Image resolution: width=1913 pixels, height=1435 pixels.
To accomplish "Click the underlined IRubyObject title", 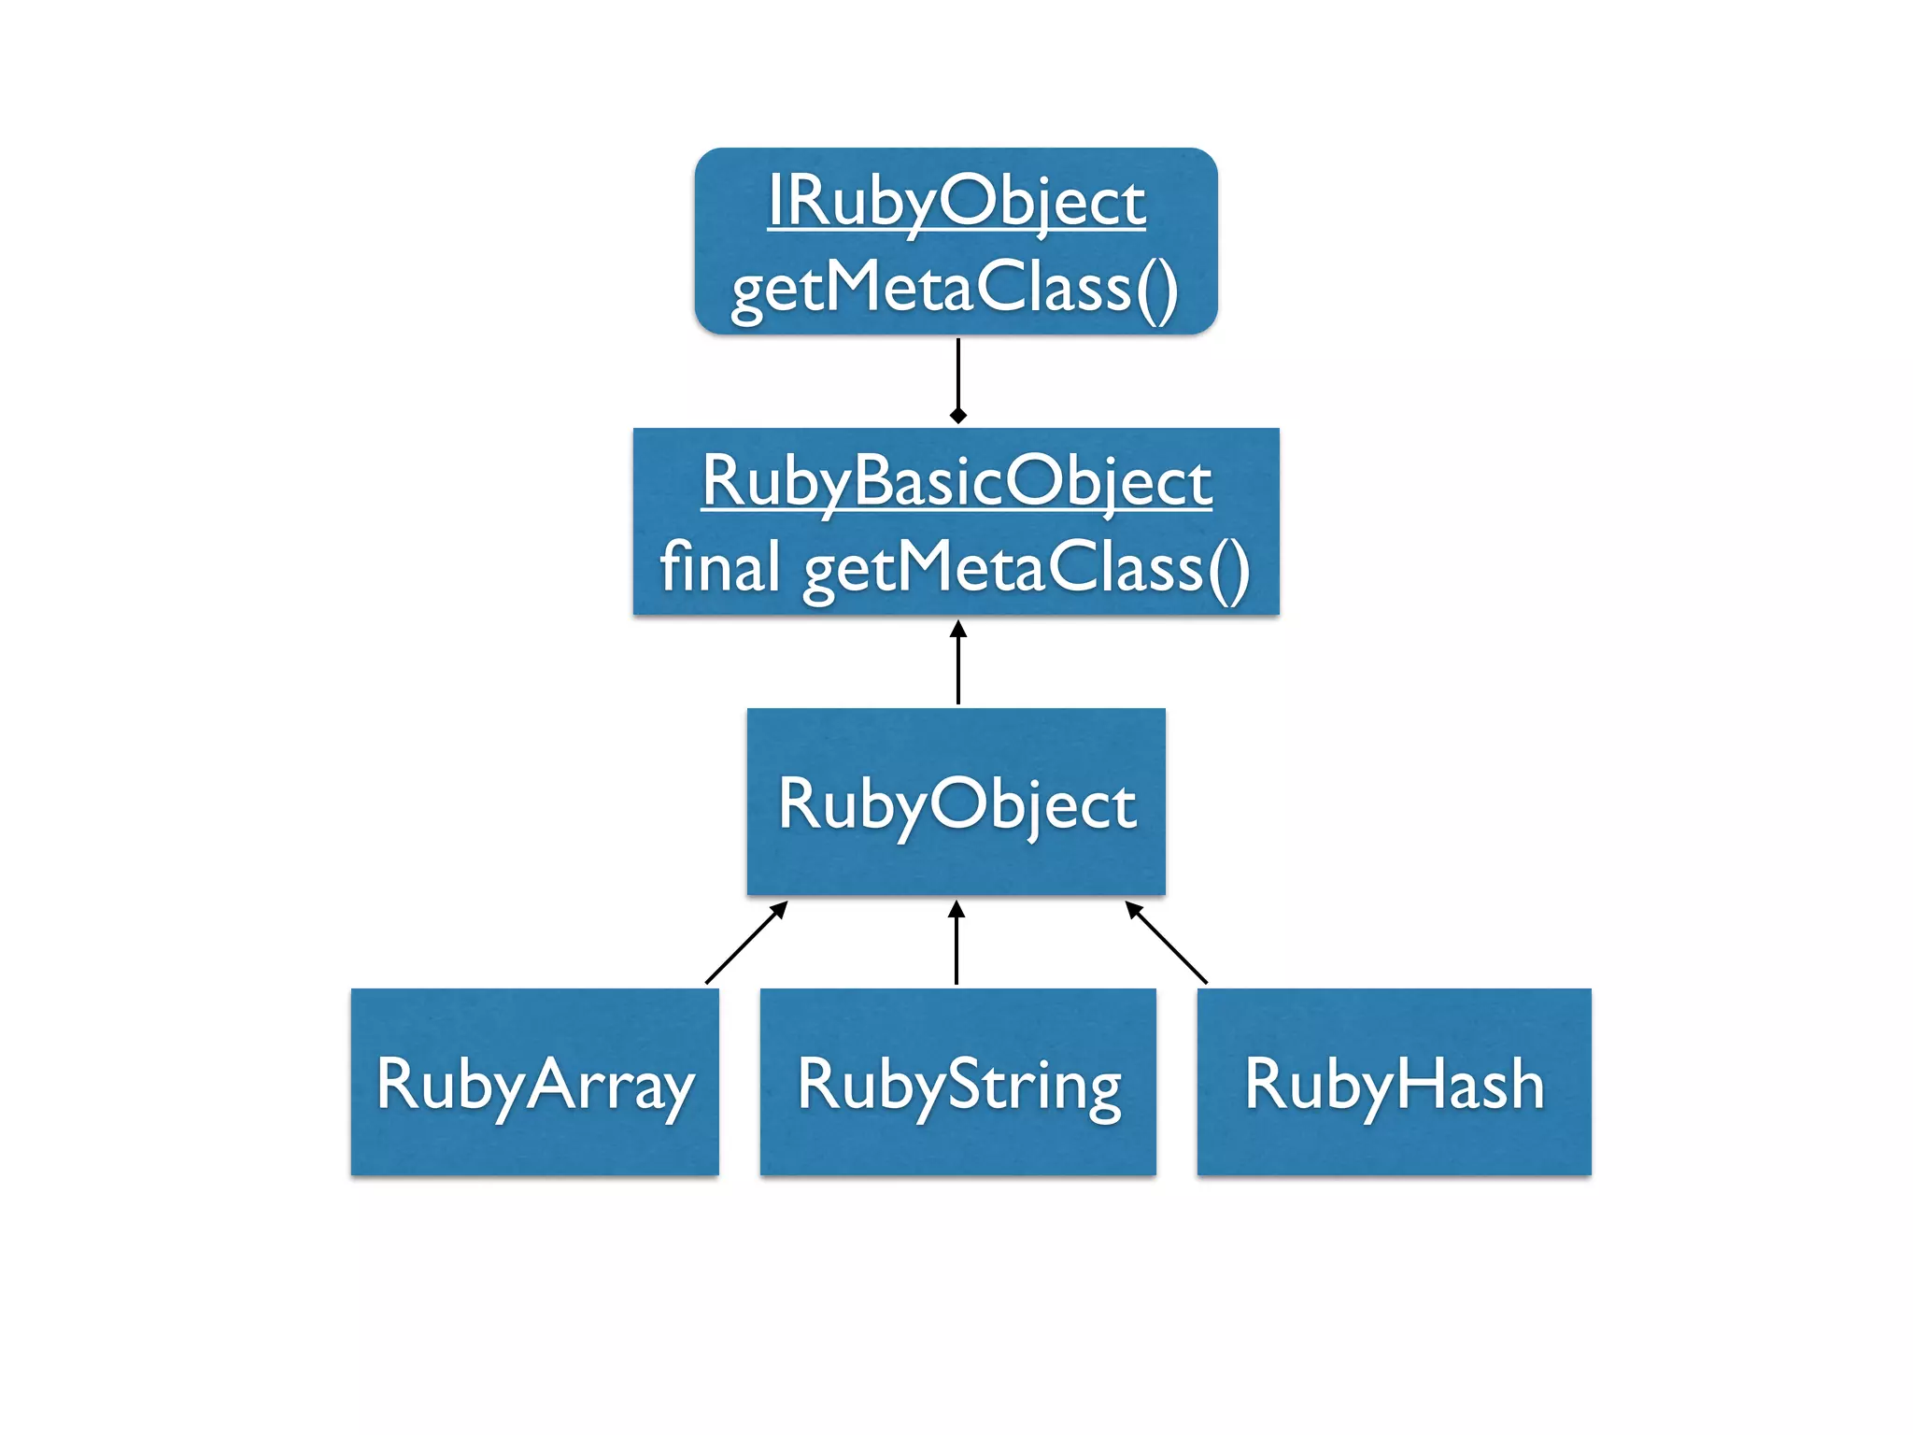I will (x=956, y=202).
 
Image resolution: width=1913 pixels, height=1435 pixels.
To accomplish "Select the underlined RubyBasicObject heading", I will (x=956, y=482).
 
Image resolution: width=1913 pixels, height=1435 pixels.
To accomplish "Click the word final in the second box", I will (x=719, y=567).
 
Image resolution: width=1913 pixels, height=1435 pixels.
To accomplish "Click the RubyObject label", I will (x=956, y=804).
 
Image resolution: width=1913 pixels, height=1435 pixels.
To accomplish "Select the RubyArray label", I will (x=534, y=1085).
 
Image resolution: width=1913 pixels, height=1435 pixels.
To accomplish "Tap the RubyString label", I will (x=958, y=1085).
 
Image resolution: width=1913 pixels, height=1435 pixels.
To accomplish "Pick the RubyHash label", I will (x=1394, y=1085).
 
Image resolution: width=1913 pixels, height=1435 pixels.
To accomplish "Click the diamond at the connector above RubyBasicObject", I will (x=957, y=415).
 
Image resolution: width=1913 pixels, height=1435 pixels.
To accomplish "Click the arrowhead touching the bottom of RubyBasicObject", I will (x=957, y=629).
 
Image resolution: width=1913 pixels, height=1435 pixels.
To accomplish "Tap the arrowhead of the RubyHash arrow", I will (x=1133, y=909).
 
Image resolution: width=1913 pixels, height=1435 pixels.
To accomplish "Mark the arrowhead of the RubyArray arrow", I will (x=780, y=909).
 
